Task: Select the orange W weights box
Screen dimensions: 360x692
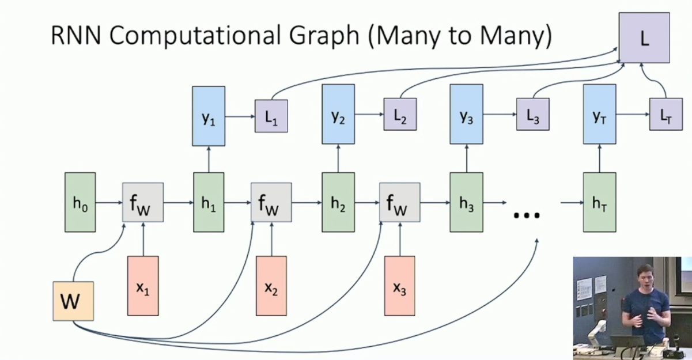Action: click(x=73, y=301)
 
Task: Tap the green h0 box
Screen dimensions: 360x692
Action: click(x=80, y=203)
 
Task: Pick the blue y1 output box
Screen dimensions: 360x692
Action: click(x=209, y=116)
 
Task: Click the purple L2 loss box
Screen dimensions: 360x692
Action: click(x=400, y=114)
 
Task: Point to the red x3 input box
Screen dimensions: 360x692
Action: click(x=399, y=286)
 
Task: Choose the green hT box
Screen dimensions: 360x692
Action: click(x=599, y=203)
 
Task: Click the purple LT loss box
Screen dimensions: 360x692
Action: click(x=665, y=114)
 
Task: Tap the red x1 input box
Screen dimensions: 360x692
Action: click(x=142, y=286)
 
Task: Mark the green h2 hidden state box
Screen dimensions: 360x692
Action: click(x=338, y=203)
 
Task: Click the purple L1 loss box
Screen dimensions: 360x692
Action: click(x=271, y=116)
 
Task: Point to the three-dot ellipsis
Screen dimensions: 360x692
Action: click(x=526, y=215)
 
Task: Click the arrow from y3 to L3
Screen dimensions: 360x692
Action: click(x=499, y=114)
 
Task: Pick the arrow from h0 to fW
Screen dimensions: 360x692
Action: click(x=109, y=203)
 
